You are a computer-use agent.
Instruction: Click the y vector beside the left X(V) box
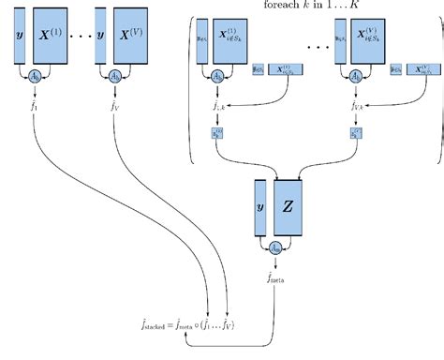(99, 37)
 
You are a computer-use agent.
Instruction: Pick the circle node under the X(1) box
(35, 74)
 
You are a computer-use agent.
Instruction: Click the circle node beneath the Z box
(276, 247)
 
